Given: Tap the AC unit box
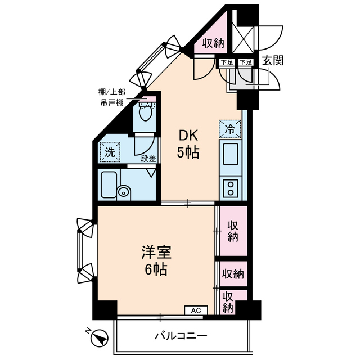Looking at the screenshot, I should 196,310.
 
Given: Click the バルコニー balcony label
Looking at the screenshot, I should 181,336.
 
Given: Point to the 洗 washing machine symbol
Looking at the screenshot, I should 110,151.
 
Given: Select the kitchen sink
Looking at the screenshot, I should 231,154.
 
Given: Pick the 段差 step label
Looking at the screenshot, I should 148,159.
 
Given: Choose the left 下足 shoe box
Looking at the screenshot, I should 226,62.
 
